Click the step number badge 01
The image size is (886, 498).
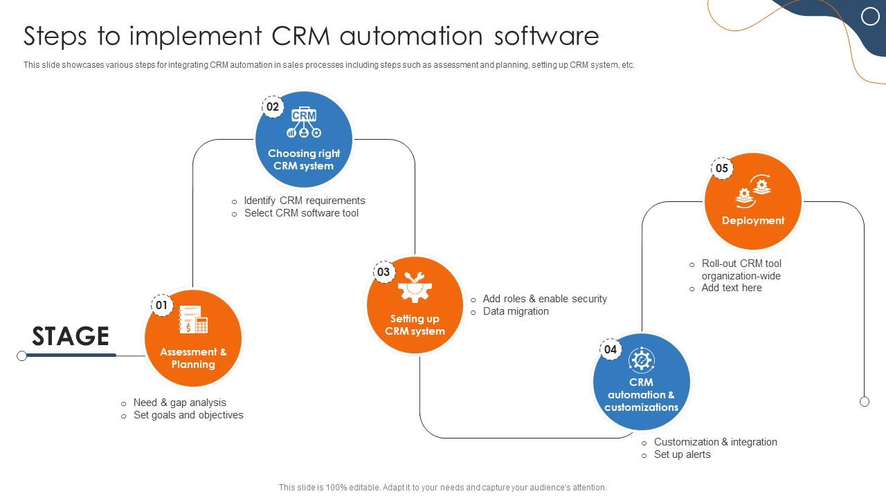point(162,305)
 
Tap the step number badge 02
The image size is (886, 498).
point(273,107)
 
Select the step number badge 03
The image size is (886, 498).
point(383,272)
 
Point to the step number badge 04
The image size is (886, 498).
point(610,349)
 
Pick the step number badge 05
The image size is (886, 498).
point(722,168)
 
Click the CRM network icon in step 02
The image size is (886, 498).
point(304,122)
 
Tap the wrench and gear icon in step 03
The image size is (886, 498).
point(415,287)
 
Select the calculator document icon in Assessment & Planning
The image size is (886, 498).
point(193,320)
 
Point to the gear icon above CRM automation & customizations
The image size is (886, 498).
point(642,360)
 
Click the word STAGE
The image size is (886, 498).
point(71,336)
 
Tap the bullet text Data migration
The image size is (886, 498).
point(516,311)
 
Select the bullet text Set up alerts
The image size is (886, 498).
point(682,454)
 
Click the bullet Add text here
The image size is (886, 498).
point(731,288)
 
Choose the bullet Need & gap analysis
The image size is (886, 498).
point(179,403)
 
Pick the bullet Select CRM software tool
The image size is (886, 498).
point(301,213)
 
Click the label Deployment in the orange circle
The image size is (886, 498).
point(753,221)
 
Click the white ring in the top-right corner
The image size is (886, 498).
point(870,17)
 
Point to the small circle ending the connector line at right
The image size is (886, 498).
point(865,401)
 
